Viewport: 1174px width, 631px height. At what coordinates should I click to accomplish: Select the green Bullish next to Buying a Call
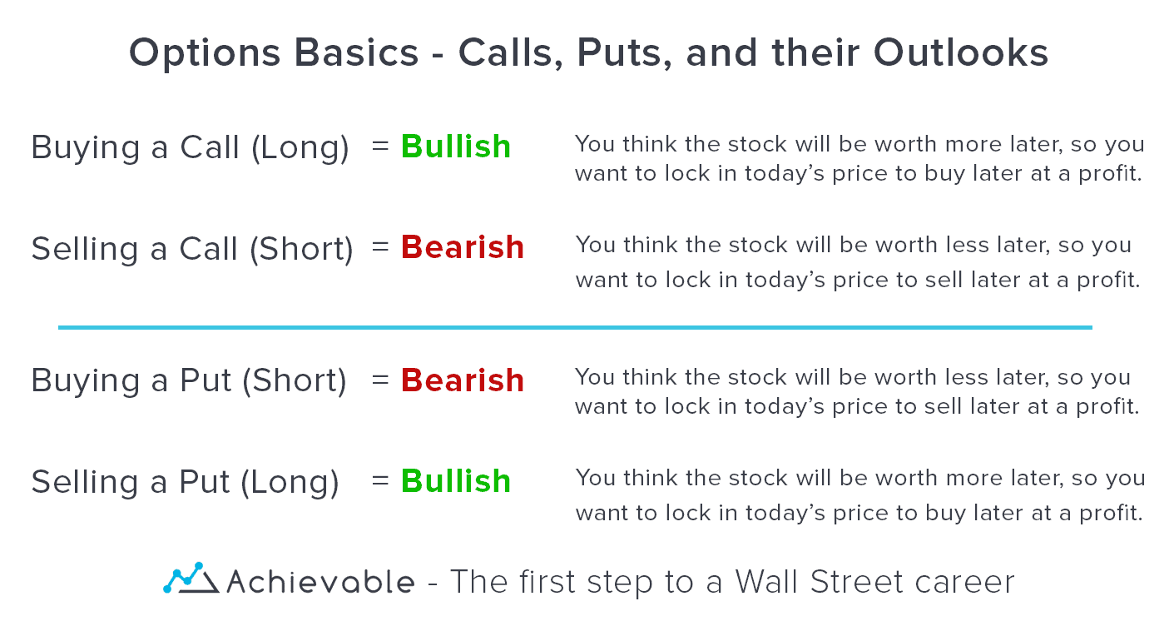coord(456,147)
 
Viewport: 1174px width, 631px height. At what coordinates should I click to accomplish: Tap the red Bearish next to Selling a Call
coord(463,247)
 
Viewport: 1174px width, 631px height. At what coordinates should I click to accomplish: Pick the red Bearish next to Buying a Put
coord(463,380)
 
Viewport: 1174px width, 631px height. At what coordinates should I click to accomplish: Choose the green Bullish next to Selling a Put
coord(456,480)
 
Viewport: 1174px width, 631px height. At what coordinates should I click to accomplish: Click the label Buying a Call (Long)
coord(190,148)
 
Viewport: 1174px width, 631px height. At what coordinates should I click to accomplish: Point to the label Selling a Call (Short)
coord(192,249)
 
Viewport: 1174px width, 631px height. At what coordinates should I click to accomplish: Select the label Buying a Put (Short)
coord(189,381)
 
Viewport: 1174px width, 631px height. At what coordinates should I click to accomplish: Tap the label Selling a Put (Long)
coord(185,482)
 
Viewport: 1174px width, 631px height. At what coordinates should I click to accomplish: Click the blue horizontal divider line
coord(574,327)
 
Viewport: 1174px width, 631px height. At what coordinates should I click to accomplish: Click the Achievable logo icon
coord(190,579)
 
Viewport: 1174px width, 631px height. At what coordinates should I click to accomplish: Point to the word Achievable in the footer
coord(320,581)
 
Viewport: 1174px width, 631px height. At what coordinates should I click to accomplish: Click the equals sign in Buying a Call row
coord(380,147)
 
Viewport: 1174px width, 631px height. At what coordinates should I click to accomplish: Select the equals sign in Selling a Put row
coord(380,480)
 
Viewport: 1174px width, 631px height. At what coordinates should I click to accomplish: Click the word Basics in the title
coord(349,54)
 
